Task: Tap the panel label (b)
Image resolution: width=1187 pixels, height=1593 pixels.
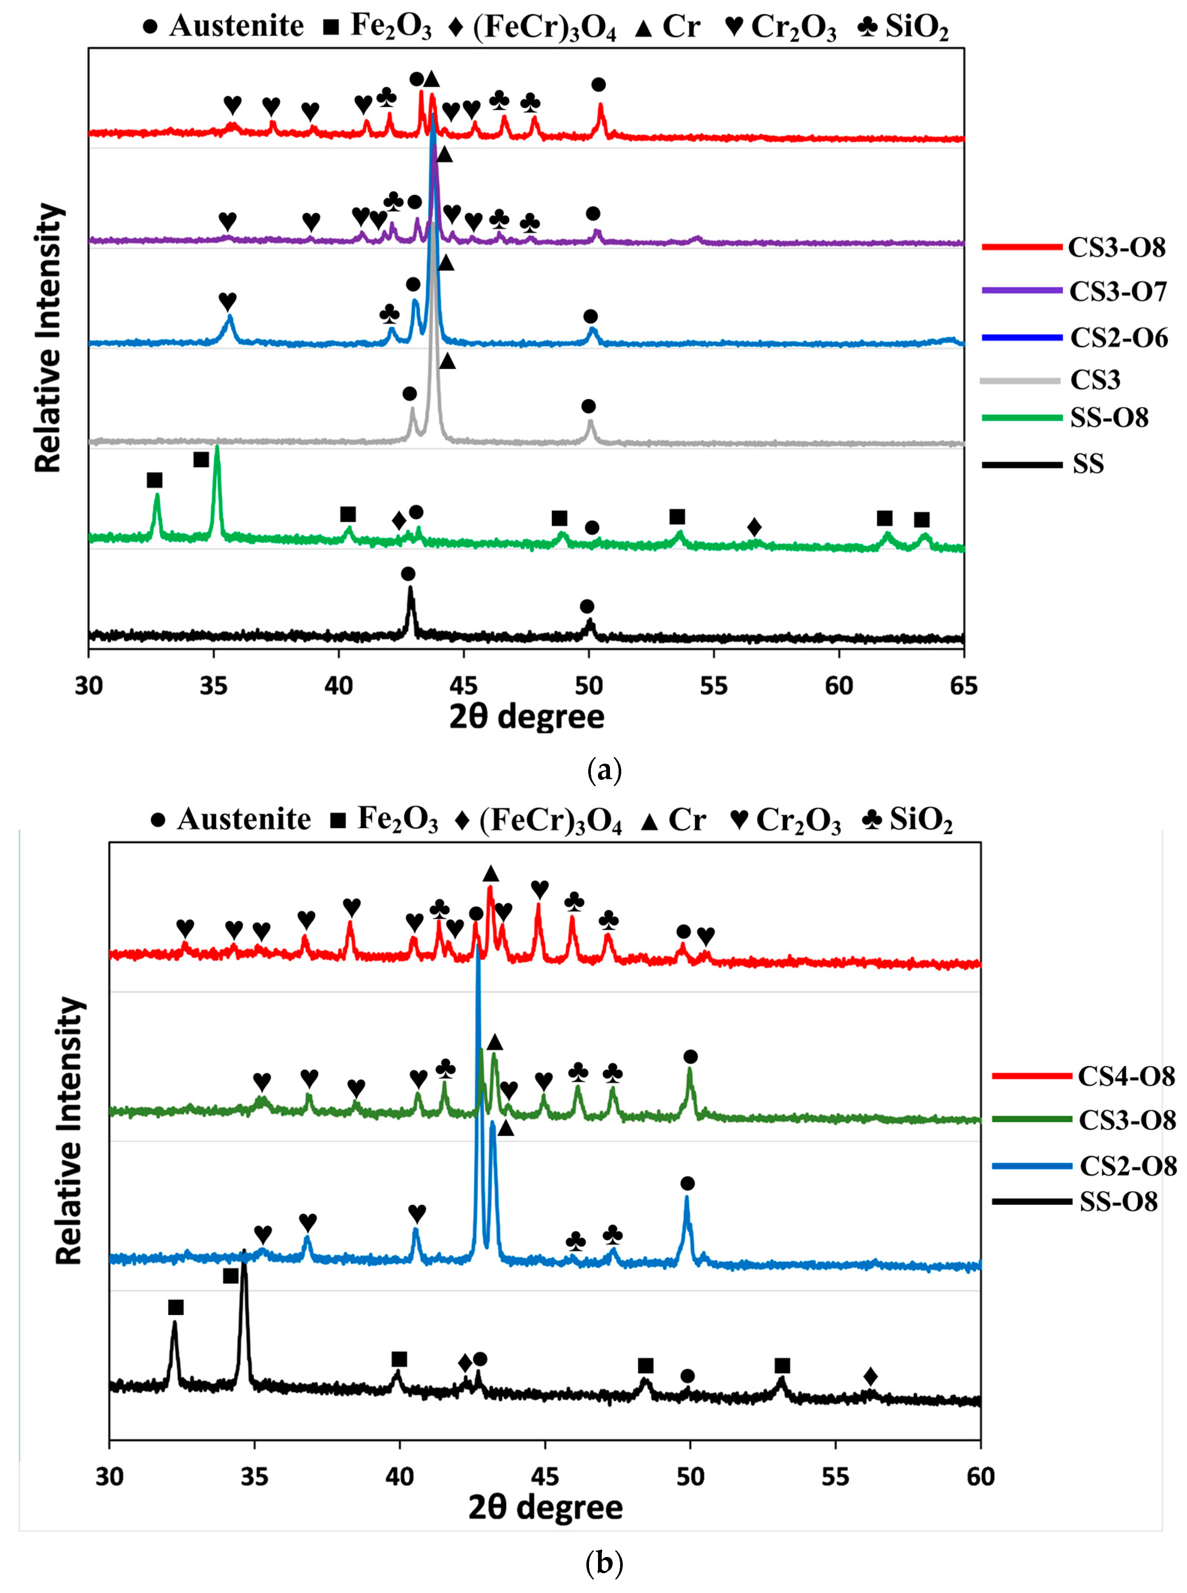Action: click(x=604, y=1563)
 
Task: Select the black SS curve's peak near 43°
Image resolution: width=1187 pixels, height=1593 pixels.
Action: click(x=410, y=589)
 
